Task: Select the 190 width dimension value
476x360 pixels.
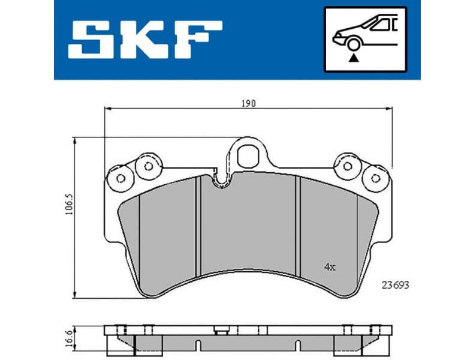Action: (249, 103)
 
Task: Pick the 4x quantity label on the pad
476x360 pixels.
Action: (329, 266)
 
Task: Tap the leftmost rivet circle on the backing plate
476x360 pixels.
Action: (120, 178)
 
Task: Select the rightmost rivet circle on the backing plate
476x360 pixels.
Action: (375, 178)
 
